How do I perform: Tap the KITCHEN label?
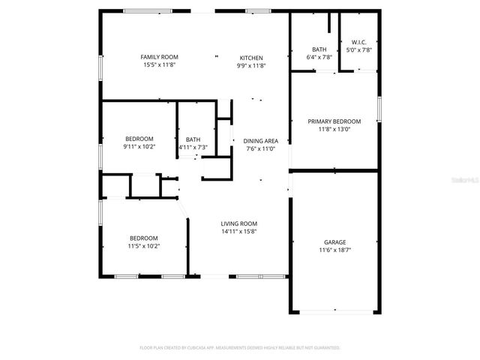(251, 58)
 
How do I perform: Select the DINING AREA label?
(261, 140)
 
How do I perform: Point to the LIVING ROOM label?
(238, 223)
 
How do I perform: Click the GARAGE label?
(334, 242)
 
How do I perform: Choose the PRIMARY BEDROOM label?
(334, 121)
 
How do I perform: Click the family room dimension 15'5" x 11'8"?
(159, 65)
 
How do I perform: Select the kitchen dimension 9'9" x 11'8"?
(251, 65)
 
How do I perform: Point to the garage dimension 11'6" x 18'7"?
(334, 250)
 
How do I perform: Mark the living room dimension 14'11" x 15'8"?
(238, 231)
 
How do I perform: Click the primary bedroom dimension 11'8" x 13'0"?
(334, 129)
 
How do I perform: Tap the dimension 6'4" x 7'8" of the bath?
(319, 57)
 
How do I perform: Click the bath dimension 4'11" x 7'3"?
(193, 147)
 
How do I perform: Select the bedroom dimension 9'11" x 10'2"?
(139, 147)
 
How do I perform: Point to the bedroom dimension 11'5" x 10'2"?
(144, 246)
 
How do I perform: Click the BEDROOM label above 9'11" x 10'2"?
(139, 139)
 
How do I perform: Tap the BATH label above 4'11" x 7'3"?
(193, 139)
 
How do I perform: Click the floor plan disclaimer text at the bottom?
(240, 348)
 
